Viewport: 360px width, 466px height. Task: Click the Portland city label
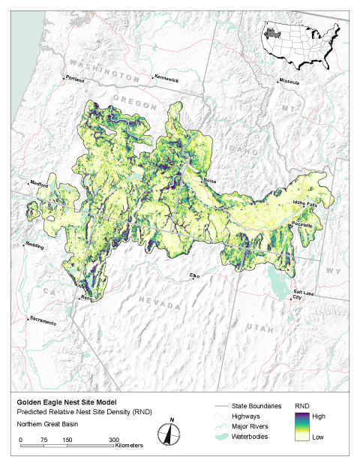(76, 79)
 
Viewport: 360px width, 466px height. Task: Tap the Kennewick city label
(168, 79)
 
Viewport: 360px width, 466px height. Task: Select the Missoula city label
(289, 81)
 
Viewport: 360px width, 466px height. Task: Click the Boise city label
(211, 181)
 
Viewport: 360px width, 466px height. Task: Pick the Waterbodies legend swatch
(214, 436)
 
